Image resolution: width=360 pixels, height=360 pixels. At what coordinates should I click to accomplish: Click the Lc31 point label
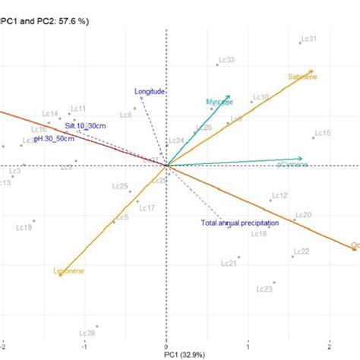[309, 39]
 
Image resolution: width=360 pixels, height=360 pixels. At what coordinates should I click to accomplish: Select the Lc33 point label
[226, 59]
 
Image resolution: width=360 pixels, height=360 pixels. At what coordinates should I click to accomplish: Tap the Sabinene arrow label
[303, 76]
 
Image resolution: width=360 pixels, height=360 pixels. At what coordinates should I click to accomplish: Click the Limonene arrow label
[69, 271]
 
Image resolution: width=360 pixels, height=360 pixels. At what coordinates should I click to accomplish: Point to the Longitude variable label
[150, 92]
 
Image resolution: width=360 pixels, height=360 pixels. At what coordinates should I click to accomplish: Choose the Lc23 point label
[264, 289]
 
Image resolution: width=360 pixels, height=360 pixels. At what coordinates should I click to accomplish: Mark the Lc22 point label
[301, 251]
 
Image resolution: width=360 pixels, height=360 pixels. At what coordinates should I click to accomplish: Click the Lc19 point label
[24, 228]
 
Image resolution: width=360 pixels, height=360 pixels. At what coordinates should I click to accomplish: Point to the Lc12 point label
[279, 196]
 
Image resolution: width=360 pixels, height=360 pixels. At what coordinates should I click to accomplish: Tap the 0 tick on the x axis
[166, 345]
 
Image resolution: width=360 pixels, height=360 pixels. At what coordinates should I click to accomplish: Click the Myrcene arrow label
[219, 102]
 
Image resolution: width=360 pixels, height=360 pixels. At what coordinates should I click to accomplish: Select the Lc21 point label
[229, 264]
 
